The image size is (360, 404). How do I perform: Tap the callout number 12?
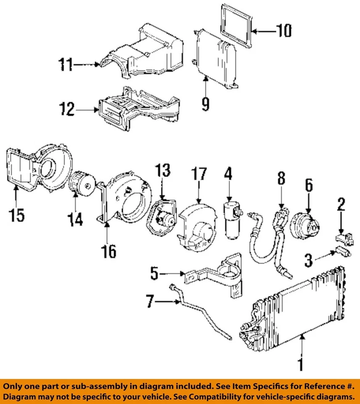pyautogui.click(x=67, y=110)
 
